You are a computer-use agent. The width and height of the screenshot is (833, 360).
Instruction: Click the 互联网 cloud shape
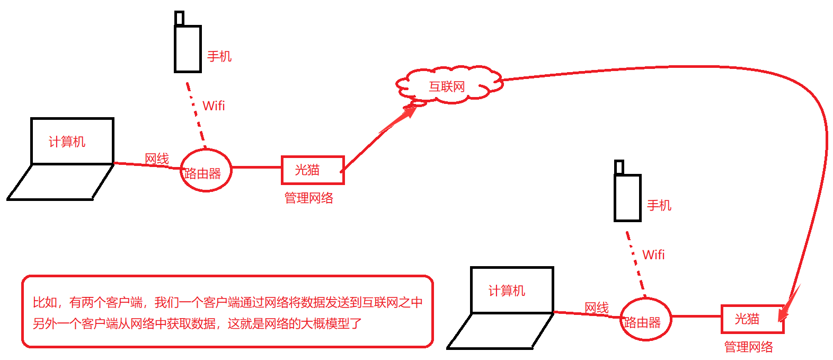coord(448,85)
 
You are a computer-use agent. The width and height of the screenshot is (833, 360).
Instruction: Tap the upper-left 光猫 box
coord(313,170)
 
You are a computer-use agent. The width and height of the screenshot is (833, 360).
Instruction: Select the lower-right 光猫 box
coord(752,319)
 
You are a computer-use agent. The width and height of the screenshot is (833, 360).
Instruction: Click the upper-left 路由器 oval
coord(206,170)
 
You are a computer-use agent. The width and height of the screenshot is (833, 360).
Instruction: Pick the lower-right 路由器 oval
coord(645,319)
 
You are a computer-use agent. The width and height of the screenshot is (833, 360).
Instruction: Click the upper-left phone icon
coord(188,49)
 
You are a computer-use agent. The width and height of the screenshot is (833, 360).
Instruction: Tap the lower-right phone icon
coord(627,198)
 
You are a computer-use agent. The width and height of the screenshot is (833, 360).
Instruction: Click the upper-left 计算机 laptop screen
coord(73,141)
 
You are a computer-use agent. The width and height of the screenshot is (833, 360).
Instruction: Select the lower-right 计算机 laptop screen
coord(512,290)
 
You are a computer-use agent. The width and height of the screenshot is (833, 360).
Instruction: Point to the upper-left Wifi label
coord(214,106)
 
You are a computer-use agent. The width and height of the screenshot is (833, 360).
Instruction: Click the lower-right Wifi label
coord(653,254)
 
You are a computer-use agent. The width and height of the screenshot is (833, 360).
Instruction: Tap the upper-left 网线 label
coord(157,159)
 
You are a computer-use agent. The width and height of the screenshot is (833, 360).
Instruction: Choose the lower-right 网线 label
coord(597,308)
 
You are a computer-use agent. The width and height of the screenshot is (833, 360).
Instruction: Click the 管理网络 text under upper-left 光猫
coord(309,198)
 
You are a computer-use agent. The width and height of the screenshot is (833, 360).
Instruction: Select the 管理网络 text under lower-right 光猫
coord(748,347)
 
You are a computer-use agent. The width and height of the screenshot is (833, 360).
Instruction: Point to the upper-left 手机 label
coord(219,56)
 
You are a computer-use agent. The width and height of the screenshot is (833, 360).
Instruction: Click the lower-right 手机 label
coord(659,205)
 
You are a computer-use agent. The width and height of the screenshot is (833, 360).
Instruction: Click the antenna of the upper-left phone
coord(180,19)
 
